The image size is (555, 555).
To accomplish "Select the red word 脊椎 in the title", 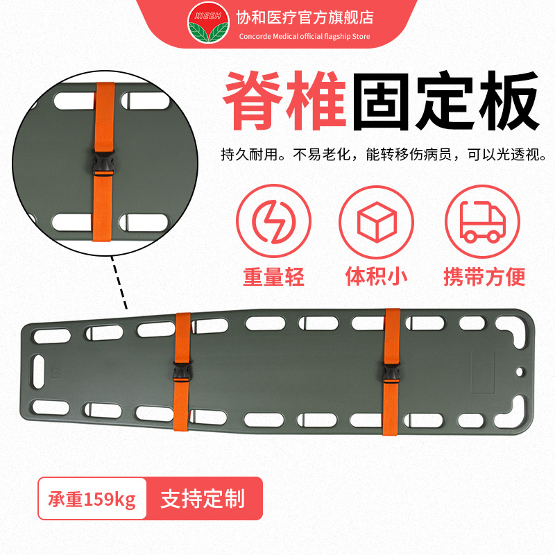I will pos(284,103).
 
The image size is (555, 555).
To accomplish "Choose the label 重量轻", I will pos(273,276).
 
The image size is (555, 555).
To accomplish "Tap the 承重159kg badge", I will pos(92,499).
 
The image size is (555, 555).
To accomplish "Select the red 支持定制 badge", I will pos(203,499).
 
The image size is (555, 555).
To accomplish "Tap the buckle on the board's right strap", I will pos(391,375).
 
